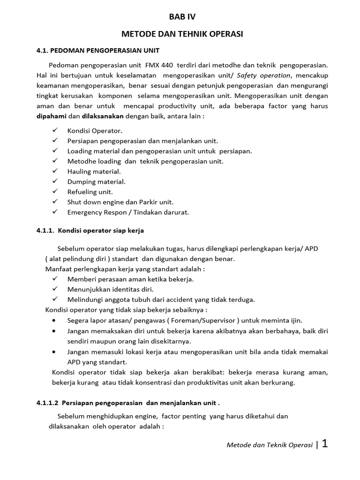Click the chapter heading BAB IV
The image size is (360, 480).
[182, 17]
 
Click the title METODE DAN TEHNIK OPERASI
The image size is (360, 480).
[182, 34]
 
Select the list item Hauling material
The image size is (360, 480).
[94, 172]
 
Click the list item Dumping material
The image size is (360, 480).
[97, 182]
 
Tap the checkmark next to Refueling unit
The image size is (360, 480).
[55, 192]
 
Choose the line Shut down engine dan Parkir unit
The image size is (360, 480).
[120, 202]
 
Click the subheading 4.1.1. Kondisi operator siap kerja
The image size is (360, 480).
[90, 231]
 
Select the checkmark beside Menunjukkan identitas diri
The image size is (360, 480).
[55, 289]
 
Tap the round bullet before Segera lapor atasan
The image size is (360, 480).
[55, 320]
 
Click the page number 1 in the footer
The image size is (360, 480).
[324, 444]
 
